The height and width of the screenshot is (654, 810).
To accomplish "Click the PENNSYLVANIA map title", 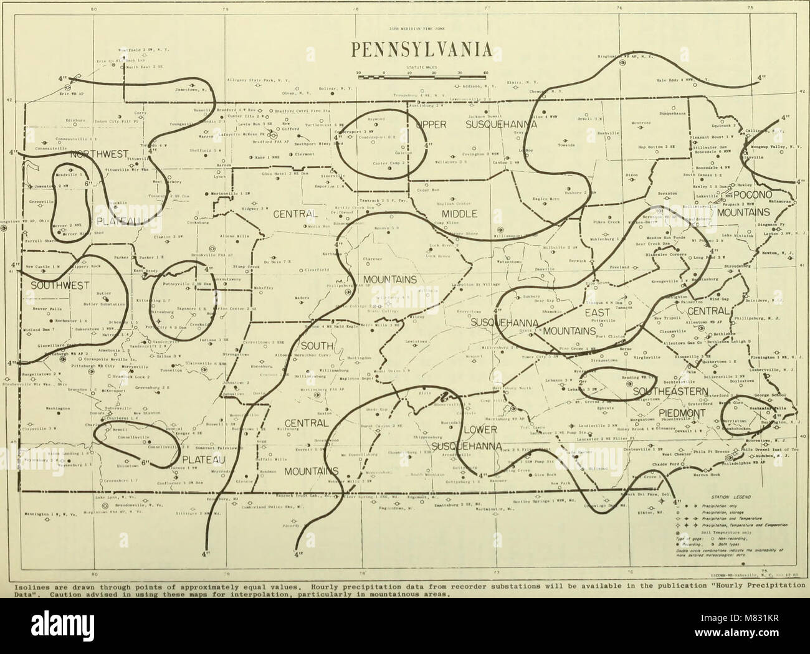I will click(405, 50).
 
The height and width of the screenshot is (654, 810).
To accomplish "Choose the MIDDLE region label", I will click(459, 214).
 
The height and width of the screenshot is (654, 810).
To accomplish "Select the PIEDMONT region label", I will click(688, 412).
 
